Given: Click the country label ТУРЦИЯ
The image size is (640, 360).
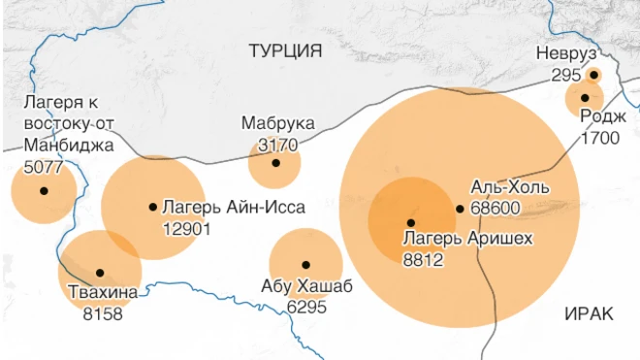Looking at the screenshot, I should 285,51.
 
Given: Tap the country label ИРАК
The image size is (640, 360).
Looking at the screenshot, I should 587,313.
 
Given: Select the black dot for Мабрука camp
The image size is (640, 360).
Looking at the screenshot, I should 275,163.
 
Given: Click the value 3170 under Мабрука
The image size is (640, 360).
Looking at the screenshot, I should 277,145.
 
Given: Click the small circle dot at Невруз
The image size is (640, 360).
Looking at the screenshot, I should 593,75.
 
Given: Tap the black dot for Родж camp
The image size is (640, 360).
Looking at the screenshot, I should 585,97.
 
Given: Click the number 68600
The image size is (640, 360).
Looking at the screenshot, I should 496,208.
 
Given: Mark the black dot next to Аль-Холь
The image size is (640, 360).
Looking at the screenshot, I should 460,209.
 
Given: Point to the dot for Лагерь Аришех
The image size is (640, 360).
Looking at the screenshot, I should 410,223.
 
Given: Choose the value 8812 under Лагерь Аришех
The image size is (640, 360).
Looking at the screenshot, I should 423,258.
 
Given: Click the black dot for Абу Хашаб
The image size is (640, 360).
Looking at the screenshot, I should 305,264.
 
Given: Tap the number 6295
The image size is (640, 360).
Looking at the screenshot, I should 306,307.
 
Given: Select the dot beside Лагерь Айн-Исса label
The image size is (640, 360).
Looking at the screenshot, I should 153,206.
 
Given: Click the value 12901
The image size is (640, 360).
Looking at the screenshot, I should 187,228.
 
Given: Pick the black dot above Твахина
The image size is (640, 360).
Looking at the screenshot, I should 100,273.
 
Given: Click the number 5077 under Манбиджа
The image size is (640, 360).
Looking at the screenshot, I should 42,166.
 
